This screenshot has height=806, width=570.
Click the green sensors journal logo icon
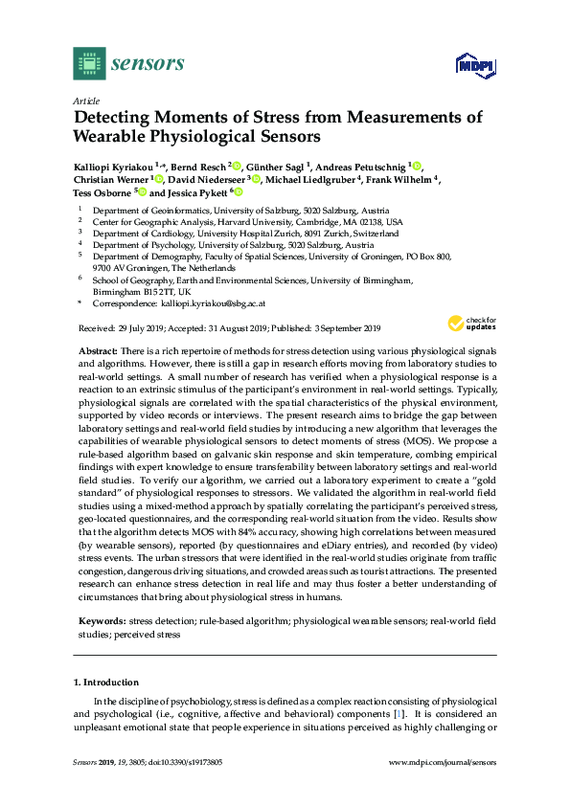pyautogui.click(x=89, y=63)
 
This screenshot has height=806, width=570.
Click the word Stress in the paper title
pyautogui.click(x=268, y=118)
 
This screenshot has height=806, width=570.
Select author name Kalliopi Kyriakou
pyautogui.click(x=113, y=167)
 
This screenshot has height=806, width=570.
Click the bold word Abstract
pyautogui.click(x=97, y=353)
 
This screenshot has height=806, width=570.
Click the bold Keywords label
pyautogui.click(x=99, y=621)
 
